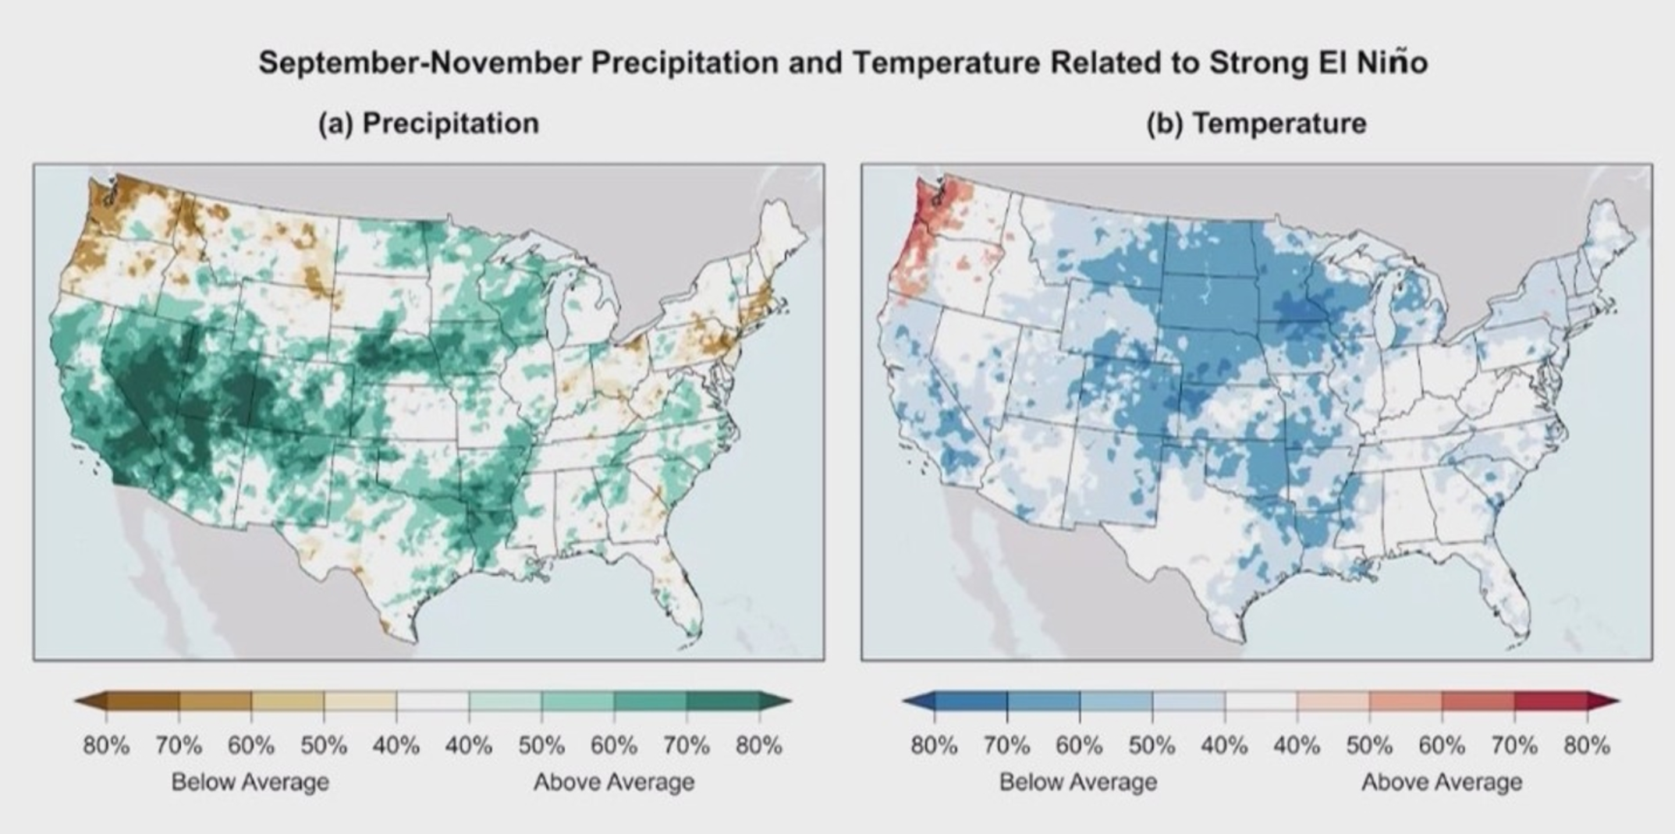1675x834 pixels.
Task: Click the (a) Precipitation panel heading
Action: [428, 123]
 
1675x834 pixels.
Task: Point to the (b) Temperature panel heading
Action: [1257, 123]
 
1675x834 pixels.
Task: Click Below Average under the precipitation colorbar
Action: [250, 782]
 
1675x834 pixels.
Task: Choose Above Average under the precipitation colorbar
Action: [614, 782]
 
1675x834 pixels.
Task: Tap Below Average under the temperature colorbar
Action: [1079, 782]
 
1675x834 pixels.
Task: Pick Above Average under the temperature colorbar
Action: [1442, 782]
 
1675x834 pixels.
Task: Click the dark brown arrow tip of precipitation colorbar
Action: [76, 701]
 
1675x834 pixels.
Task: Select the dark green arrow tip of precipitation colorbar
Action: [792, 701]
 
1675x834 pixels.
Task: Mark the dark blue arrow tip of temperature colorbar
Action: [903, 701]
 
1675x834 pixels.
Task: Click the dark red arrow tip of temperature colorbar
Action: [1620, 701]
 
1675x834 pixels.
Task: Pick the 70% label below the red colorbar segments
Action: [1514, 746]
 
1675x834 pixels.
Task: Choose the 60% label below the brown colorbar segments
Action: [251, 746]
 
